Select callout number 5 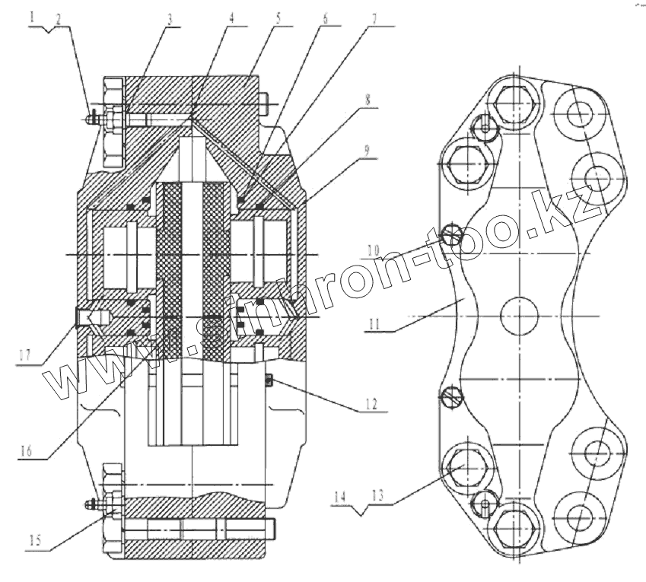coord(279,16)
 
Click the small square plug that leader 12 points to coord(269,380)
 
